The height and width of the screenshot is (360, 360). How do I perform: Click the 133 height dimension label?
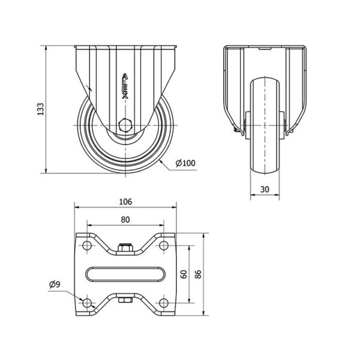(41, 109)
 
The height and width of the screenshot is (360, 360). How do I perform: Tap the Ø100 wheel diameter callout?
(185, 163)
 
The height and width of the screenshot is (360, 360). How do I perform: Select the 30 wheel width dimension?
(265, 190)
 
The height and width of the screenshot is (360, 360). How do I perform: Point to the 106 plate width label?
(125, 202)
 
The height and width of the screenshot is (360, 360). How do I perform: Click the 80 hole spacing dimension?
(125, 220)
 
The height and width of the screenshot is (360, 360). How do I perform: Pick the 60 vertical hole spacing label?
(184, 274)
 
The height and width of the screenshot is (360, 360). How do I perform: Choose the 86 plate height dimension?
(198, 274)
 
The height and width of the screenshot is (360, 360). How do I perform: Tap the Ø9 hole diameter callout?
(55, 284)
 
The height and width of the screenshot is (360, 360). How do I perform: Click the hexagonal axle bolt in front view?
(125, 125)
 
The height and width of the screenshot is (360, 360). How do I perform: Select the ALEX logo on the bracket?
(125, 86)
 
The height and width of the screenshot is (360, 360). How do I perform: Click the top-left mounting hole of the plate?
(87, 245)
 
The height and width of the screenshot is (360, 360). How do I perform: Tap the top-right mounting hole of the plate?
(163, 245)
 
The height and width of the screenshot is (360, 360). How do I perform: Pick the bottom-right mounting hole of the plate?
(163, 303)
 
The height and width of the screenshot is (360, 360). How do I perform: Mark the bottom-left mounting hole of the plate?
(87, 303)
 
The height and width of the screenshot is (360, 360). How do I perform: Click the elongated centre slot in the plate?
(125, 274)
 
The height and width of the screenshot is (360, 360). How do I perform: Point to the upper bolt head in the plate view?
(125, 247)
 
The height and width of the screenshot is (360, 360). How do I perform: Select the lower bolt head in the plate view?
(125, 301)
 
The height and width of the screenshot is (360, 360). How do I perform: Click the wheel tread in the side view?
(265, 126)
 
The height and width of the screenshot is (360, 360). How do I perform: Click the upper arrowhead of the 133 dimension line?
(46, 48)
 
